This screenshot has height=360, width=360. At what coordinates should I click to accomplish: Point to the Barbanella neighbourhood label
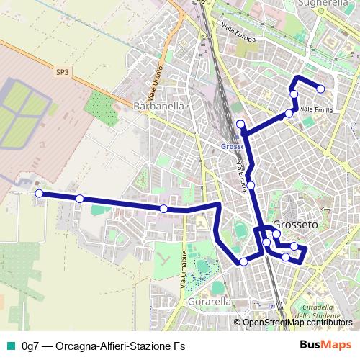click(160, 106)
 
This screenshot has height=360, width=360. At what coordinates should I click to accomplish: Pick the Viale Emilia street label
click(317, 109)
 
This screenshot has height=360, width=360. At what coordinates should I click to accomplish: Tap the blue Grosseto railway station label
click(232, 145)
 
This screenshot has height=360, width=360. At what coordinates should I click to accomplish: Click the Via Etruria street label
click(243, 176)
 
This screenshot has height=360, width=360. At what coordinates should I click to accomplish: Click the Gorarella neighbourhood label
click(207, 302)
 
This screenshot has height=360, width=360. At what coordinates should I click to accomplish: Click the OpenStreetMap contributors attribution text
click(297, 323)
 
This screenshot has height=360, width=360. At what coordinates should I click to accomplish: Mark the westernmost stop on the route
click(39, 193)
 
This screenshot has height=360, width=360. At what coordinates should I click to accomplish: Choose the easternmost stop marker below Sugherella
click(320, 89)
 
